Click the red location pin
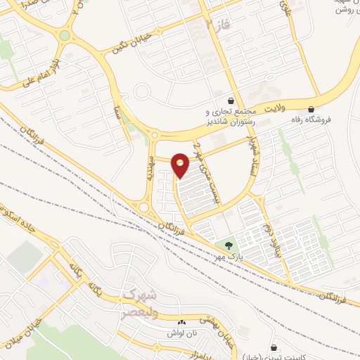[180, 165]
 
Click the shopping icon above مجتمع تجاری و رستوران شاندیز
[232, 101]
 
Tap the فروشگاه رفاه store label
[311, 120]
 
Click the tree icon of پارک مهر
[228, 245]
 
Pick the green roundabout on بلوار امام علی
[65, 35]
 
